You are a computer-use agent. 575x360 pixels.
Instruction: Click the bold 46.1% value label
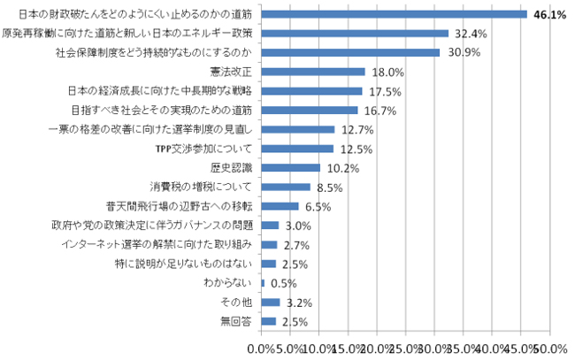pos(548,15)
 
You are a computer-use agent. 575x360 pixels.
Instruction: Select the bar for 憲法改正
pos(314,72)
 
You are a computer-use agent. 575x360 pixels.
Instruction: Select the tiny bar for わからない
pos(264,282)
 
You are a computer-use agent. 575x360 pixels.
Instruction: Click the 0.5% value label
pos(280,283)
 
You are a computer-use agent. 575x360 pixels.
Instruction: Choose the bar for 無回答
pos(270,320)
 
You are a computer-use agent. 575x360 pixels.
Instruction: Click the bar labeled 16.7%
pos(310,110)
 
